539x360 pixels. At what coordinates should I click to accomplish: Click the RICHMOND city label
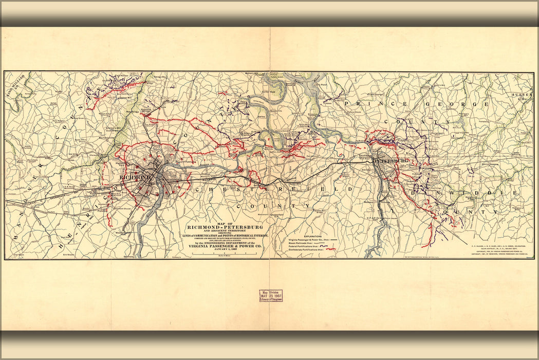(135, 177)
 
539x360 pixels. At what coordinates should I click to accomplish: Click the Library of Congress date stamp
(270, 298)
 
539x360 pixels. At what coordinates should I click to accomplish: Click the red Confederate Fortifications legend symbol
(329, 249)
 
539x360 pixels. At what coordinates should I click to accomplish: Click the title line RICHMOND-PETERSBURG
(226, 227)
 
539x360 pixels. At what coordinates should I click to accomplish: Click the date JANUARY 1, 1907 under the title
(226, 250)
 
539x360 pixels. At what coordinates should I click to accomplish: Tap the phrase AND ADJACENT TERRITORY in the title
(226, 231)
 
